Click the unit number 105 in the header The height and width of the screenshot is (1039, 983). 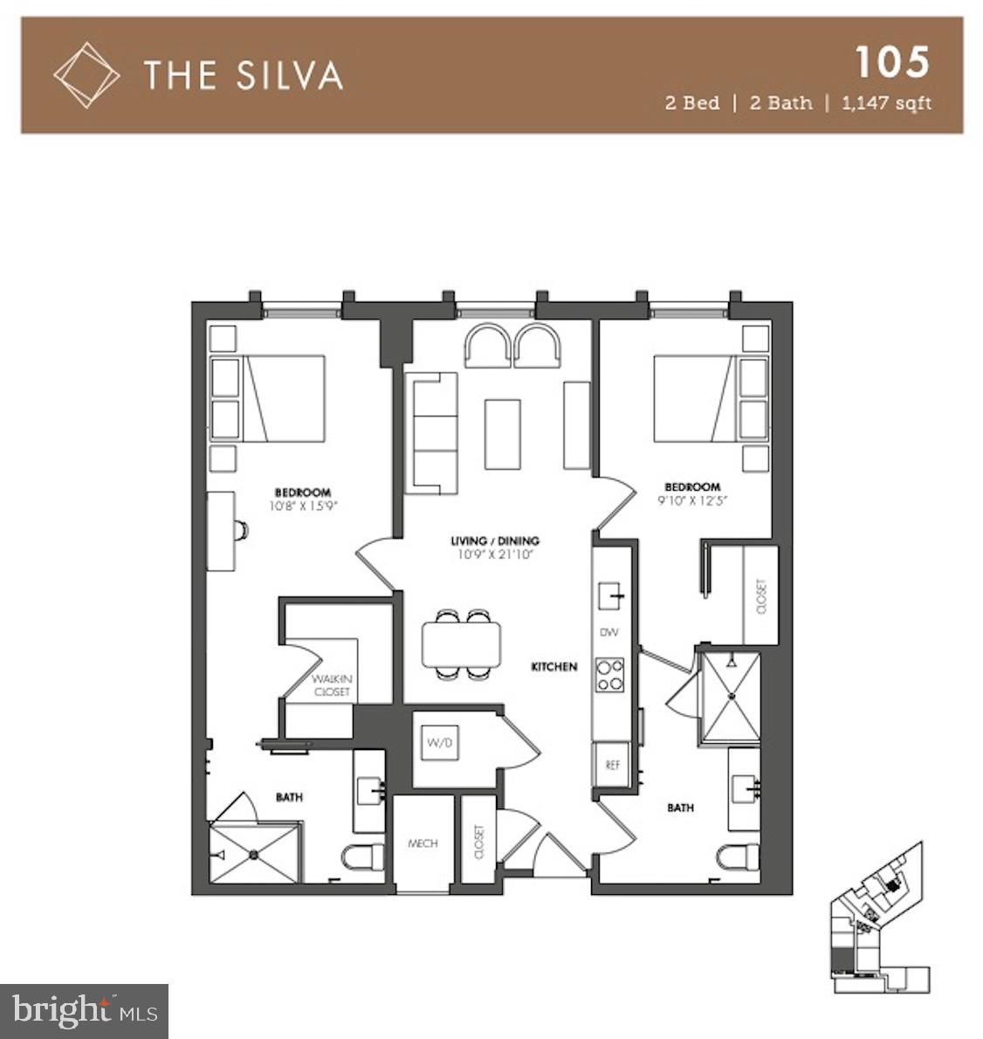point(891,63)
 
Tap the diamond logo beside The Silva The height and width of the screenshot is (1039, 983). point(86,75)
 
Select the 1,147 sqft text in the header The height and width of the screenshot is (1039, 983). point(886,103)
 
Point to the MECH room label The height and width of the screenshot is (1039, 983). point(423,843)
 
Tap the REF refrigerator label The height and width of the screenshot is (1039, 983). point(612,765)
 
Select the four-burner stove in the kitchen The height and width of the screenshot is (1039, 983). point(609,675)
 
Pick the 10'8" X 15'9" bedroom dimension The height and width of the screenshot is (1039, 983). point(303,505)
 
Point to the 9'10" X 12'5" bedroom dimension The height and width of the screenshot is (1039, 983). point(692,500)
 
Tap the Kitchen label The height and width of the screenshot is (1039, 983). point(554,667)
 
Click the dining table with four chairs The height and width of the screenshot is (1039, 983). point(461,644)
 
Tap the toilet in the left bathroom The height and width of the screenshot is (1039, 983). point(362,857)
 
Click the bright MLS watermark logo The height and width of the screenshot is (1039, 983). point(85,1011)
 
